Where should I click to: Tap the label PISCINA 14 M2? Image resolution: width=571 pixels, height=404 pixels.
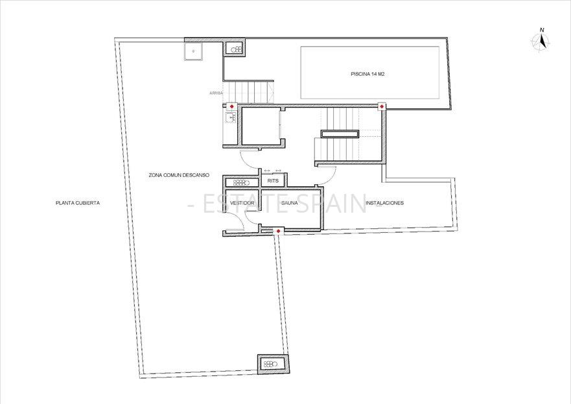(x=369, y=74)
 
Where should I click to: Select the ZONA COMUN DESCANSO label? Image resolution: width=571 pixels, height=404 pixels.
(x=179, y=176)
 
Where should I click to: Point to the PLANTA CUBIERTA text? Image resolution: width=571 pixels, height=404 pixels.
(x=78, y=203)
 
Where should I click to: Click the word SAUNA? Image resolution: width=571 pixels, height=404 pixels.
(x=289, y=203)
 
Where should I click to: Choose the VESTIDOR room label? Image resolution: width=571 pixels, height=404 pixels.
(x=242, y=203)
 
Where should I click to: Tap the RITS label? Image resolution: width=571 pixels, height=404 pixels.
(x=273, y=181)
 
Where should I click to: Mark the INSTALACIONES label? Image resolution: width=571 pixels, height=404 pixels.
(x=384, y=203)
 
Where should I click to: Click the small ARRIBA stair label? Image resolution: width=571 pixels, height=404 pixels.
(x=216, y=93)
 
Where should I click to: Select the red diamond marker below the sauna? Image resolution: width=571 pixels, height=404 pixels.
(x=279, y=231)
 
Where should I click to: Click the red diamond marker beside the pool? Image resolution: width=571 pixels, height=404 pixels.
(x=382, y=106)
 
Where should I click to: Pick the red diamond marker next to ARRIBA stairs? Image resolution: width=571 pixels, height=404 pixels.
(x=231, y=106)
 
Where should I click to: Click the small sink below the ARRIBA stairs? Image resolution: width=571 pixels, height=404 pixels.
(x=229, y=118)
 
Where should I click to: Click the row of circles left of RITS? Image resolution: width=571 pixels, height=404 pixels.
(x=242, y=183)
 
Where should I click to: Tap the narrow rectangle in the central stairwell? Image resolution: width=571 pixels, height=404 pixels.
(x=340, y=134)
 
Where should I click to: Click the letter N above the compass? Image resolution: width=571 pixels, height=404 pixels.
(x=542, y=30)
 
